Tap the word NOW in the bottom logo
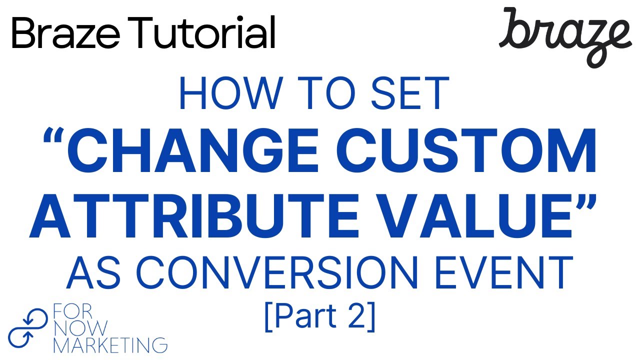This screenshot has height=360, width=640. pos(80,328)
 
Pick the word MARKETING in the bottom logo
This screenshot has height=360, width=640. pos(110,344)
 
